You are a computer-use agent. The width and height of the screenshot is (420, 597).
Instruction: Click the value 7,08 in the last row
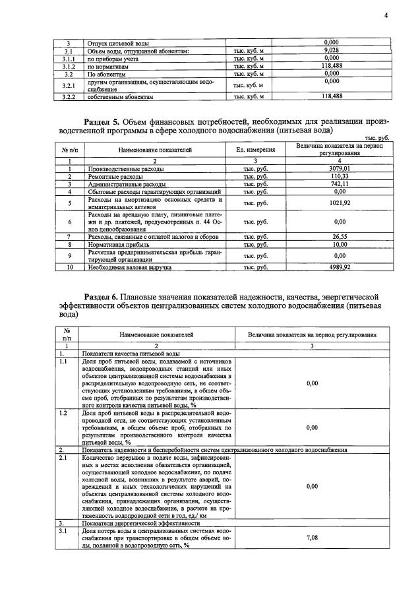(313, 538)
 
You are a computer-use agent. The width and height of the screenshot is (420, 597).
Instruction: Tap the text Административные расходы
(125, 184)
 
